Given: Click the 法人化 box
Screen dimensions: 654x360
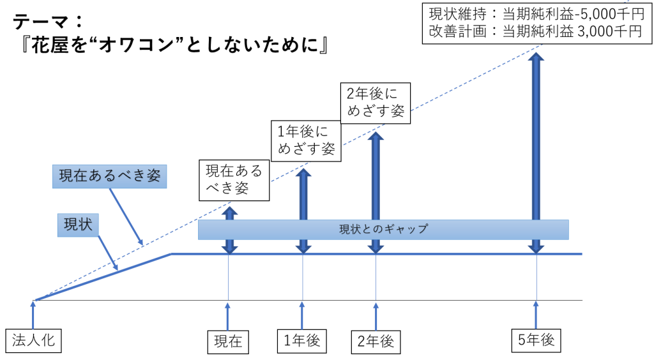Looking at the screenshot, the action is pos(33,340).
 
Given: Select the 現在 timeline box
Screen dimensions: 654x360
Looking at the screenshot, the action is pos(228,342).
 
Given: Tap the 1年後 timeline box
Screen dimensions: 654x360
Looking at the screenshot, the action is pos(302,341).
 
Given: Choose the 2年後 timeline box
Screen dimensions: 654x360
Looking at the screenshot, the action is pos(376,341).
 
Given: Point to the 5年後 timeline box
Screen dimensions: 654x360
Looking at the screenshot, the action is pos(536,340).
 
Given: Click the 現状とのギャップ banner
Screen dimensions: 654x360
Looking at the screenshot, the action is pos(383,229).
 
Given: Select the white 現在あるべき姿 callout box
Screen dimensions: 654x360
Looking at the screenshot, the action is pos(234,180).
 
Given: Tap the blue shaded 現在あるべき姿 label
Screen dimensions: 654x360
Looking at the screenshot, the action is pos(110,176).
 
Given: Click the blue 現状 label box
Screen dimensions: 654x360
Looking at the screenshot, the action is pos(78,225).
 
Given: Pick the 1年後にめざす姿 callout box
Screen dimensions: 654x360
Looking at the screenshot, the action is pos(306,141).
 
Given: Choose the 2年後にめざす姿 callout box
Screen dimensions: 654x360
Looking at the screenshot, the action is pos(376,103).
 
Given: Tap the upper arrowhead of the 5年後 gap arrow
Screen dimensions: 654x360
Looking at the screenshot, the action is pos(536,56).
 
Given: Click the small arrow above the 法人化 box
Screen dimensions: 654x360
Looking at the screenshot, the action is pos(33,315).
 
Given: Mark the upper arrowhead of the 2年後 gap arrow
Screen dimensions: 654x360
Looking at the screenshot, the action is pos(376,136).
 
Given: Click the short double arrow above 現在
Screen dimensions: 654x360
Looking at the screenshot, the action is pos(229,230).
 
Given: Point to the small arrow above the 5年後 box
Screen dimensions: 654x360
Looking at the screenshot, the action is pos(536,315).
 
